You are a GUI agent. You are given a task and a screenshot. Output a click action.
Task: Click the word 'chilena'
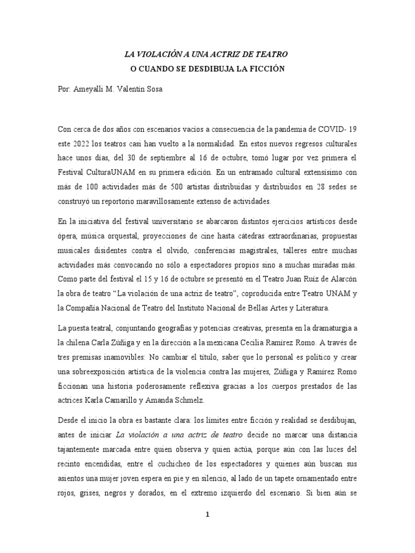point(78,343)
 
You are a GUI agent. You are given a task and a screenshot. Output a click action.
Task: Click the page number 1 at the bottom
point(207,515)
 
